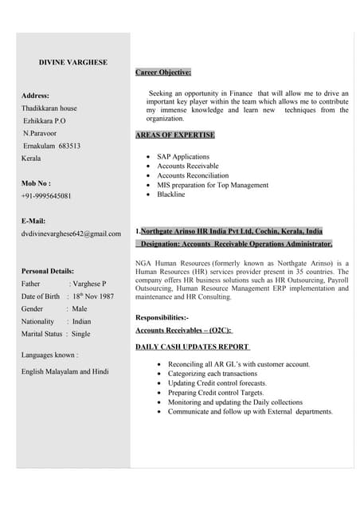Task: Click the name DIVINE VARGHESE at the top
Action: [73, 62]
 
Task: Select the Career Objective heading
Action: [163, 73]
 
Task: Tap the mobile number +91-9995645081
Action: [46, 195]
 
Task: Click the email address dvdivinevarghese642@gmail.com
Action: [71, 233]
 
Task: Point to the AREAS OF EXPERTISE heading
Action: [175, 135]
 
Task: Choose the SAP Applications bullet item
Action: [183, 157]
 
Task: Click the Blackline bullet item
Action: [170, 194]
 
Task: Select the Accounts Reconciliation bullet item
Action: [193, 175]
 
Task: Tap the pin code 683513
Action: [69, 146]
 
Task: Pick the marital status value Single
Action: [81, 334]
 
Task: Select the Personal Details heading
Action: [48, 271]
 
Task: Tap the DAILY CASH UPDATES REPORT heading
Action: [193, 347]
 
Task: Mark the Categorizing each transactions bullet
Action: [212, 374]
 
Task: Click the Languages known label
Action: [50, 354]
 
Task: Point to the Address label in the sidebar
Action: [36, 96]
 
